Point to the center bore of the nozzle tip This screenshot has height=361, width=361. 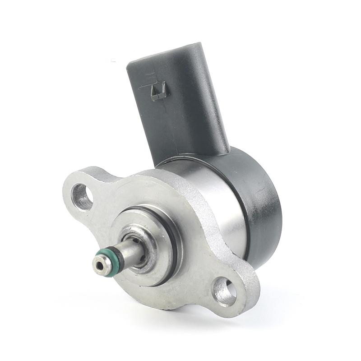pos(100,264)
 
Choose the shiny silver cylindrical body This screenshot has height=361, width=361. pos(217,199)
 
